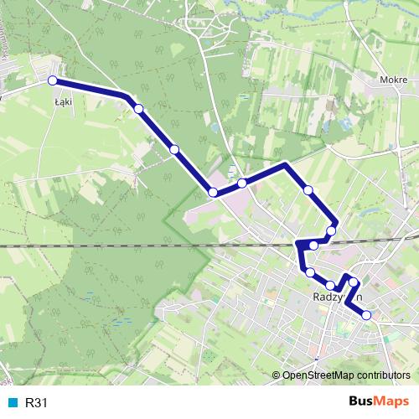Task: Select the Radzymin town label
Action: point(335,297)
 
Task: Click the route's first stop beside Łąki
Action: point(52,80)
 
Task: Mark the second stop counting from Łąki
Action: point(138,108)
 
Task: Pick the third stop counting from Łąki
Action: point(174,149)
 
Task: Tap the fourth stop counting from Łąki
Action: point(213,193)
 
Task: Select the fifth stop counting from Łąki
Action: point(241,183)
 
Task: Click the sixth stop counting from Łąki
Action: point(308,190)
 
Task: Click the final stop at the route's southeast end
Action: point(366,315)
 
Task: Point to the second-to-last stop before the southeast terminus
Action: point(354,282)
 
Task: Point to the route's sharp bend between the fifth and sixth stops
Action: point(286,164)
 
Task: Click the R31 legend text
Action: point(36,403)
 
